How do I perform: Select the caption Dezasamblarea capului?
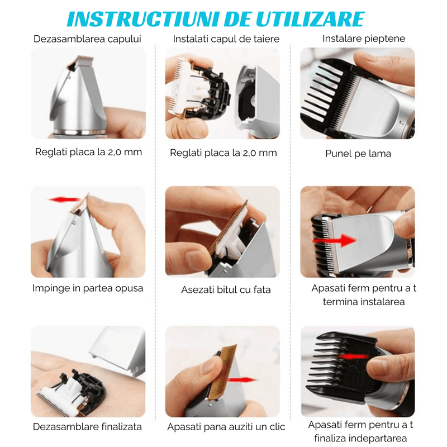coord(87,39)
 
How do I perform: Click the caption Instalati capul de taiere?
coord(226,39)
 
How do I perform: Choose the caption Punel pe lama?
coord(358,153)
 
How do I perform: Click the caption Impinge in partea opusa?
coord(88,288)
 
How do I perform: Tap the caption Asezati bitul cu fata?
coord(226,289)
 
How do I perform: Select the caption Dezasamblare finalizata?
coord(87,426)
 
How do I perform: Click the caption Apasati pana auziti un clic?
coord(226,427)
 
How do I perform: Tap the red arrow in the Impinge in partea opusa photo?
coord(63,199)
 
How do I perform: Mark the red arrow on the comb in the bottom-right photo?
coord(352,356)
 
